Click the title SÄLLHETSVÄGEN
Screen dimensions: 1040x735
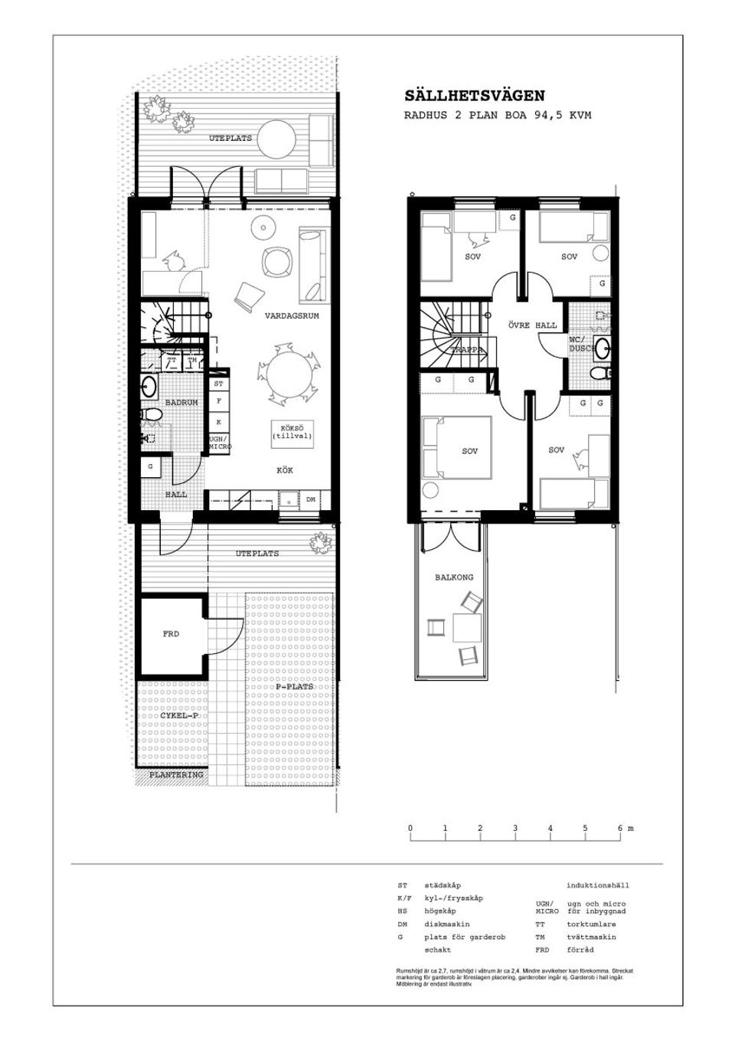[475, 96]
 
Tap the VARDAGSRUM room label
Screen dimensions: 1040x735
[292, 316]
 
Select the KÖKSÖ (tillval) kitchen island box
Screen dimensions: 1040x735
[292, 432]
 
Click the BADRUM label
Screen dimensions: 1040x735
[181, 402]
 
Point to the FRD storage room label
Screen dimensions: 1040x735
[171, 634]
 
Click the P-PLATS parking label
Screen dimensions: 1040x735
[295, 687]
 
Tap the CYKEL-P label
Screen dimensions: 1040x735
[179, 715]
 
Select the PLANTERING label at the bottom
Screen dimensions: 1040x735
[176, 775]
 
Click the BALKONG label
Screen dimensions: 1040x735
[454, 577]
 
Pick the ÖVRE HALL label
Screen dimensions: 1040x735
[533, 325]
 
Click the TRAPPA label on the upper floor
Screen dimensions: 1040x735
[466, 350]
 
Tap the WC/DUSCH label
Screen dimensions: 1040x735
[581, 344]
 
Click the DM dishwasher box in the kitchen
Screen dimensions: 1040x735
[311, 499]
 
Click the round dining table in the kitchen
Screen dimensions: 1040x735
[289, 374]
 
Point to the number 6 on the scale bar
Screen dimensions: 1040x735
[620, 829]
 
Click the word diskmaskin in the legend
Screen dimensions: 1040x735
[447, 924]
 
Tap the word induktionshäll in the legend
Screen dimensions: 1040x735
[597, 885]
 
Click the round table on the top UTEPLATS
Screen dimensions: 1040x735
[276, 139]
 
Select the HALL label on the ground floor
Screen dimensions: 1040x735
[176, 495]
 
